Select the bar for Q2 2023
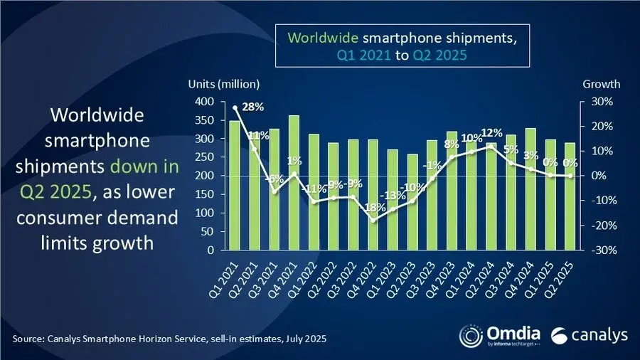[412, 202]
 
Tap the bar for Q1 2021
[235, 186]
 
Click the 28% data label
[253, 107]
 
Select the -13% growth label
[390, 196]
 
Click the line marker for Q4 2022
[373, 220]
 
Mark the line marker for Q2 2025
[570, 176]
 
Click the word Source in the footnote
[29, 337]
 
